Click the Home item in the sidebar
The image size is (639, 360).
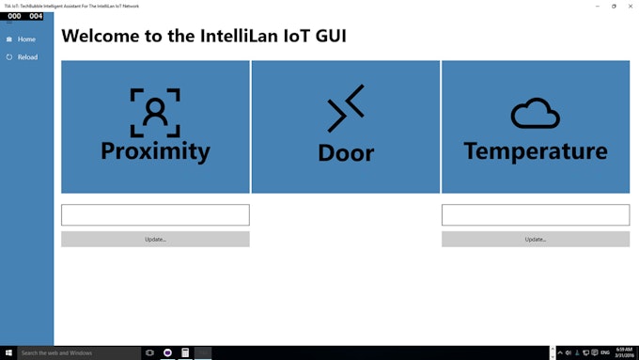point(25,39)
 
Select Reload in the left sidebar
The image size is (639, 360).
point(27,57)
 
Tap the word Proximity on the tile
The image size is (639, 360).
point(155,150)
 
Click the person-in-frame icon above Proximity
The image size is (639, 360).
point(155,113)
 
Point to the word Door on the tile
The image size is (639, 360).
point(346,152)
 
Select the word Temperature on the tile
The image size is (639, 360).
point(535,150)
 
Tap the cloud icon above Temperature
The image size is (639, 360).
point(535,114)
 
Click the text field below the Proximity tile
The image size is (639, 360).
point(155,215)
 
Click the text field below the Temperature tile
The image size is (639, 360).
point(535,215)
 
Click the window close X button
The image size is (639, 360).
point(631,6)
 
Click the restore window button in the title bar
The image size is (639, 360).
point(614,6)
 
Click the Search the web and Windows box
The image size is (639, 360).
point(75,352)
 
